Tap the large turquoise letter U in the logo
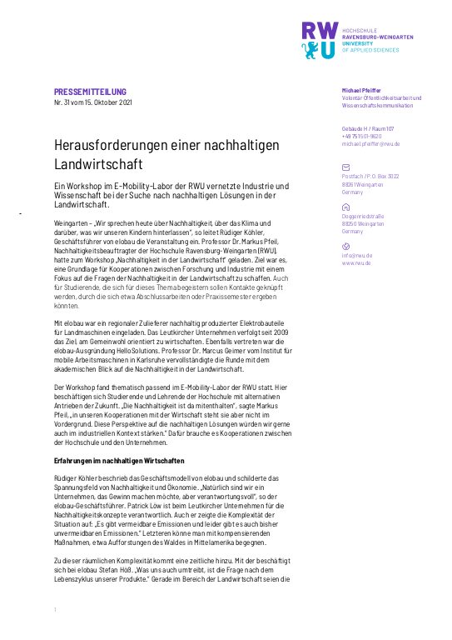pos(329,50)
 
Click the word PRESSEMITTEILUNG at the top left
pos(90,91)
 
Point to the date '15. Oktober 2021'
pos(107,102)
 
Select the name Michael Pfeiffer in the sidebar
pos(361,90)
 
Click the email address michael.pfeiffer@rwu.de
pos(370,143)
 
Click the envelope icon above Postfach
pos(346,167)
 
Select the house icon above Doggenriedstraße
pos(346,206)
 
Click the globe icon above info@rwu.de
pos(346,246)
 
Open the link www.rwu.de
pos(356,262)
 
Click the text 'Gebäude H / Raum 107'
pos(367,128)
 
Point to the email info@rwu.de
pos(356,255)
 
